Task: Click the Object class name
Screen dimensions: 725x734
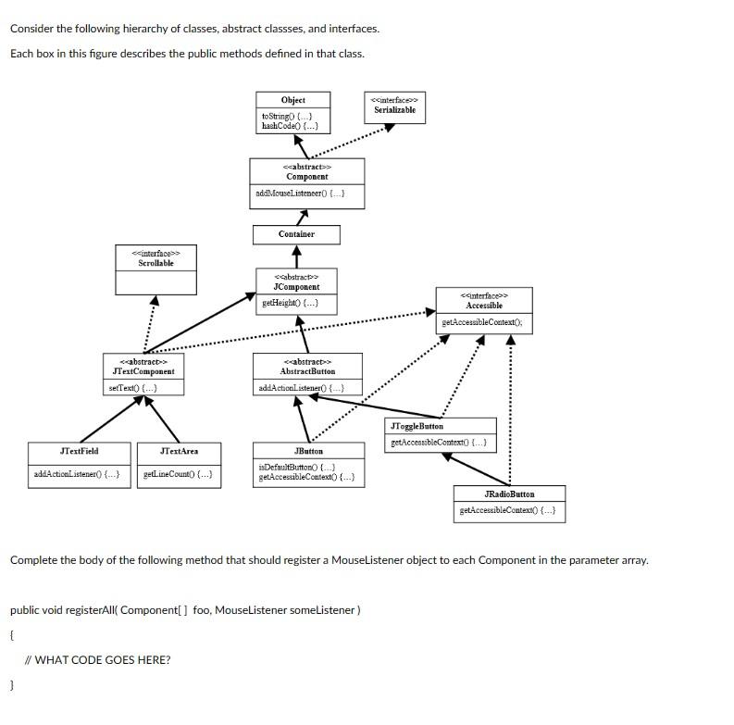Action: (292, 100)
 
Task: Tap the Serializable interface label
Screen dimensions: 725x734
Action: (394, 109)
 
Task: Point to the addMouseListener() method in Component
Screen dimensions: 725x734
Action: (300, 194)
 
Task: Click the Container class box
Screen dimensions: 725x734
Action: (296, 234)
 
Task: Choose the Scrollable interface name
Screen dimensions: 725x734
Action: (156, 263)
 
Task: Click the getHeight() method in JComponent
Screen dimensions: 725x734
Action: (290, 303)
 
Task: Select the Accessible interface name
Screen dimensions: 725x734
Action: (484, 305)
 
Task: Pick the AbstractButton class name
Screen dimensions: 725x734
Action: (307, 370)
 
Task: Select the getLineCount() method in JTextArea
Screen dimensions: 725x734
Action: (178, 474)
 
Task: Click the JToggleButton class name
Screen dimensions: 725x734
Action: (417, 426)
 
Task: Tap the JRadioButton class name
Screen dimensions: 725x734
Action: (509, 494)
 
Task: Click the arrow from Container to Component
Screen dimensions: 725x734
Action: (300, 217)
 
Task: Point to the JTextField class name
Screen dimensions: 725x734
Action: (79, 451)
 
